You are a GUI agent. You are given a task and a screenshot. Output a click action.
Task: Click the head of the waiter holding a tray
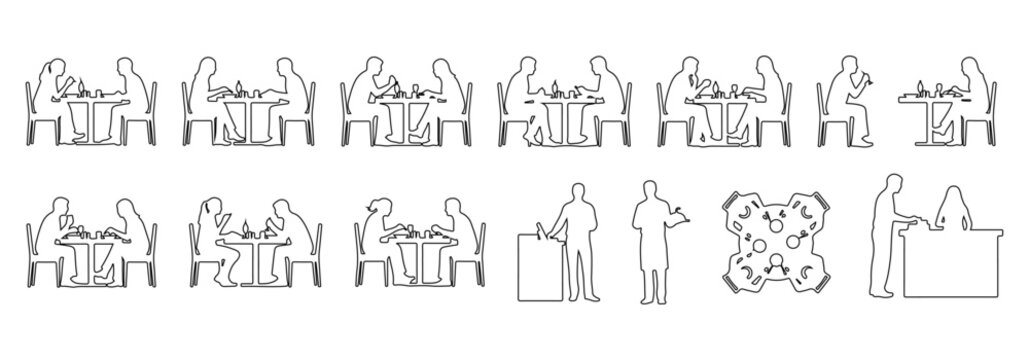(649, 190)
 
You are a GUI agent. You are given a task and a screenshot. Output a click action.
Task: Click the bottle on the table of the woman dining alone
(920, 84)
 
